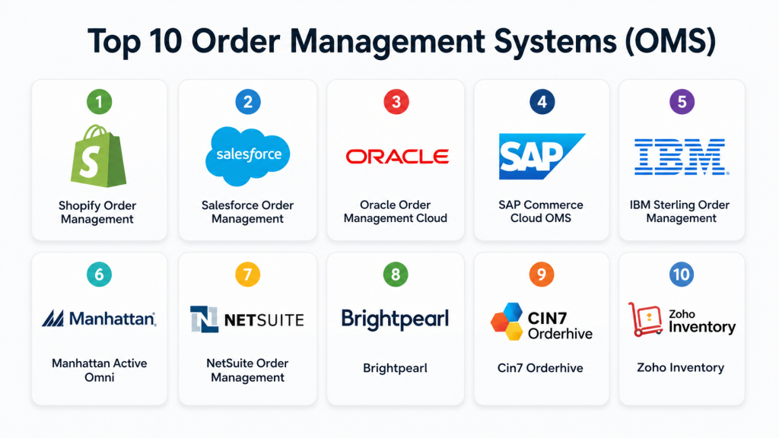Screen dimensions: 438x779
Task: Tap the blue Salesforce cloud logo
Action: point(248,155)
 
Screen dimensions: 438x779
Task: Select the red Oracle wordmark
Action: point(396,157)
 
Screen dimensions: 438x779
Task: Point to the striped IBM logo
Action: point(681,157)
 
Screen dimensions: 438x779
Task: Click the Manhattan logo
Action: point(99,319)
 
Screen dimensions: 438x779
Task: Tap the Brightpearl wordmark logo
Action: point(396,319)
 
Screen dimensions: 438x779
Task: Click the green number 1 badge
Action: point(99,101)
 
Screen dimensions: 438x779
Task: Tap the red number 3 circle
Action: point(396,101)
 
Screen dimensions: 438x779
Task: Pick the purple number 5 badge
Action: point(682,101)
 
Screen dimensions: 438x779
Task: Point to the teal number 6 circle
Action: point(99,274)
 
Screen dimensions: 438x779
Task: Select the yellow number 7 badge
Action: point(248,274)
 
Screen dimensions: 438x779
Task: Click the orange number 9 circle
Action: point(541,274)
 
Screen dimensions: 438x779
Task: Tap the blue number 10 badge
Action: point(682,274)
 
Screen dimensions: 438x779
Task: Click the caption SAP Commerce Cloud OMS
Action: point(542,211)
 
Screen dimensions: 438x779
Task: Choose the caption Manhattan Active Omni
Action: point(99,370)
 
